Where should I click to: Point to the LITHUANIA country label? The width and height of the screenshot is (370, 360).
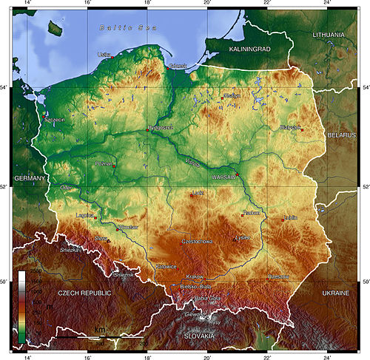[x=328, y=35]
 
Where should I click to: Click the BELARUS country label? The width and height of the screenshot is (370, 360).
[x=342, y=137]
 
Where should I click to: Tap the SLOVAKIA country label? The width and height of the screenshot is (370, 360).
[x=198, y=336]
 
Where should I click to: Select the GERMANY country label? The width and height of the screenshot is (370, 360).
[x=30, y=178]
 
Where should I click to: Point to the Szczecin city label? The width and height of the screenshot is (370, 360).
[x=54, y=119]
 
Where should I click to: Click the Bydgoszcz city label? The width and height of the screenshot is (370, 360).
[x=161, y=127]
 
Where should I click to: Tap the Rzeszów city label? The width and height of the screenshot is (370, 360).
[x=280, y=276]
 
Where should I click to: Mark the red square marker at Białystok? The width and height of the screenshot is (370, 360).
[x=302, y=130]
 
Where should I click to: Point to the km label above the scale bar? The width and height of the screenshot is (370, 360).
[x=98, y=329]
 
